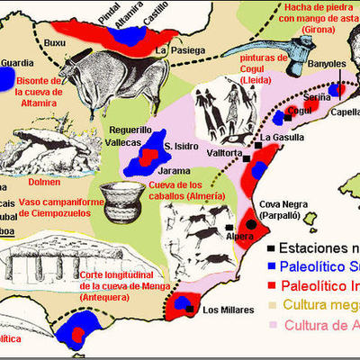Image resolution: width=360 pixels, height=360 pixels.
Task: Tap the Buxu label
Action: click(x=55, y=41)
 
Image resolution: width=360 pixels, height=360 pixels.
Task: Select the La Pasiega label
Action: click(x=175, y=52)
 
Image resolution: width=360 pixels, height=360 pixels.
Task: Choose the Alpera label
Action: click(x=240, y=236)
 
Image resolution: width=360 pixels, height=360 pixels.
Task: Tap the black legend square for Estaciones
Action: click(x=271, y=247)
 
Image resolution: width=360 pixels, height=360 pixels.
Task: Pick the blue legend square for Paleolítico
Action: click(x=271, y=266)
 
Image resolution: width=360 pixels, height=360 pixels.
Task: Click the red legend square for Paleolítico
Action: click(x=271, y=286)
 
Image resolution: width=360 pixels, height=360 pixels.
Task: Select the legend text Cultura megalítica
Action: click(x=319, y=306)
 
